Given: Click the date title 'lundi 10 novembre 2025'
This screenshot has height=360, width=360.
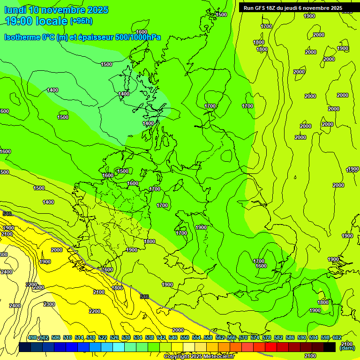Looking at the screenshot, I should [56, 10].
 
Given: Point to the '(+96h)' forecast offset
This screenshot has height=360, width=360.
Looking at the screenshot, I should [81, 21].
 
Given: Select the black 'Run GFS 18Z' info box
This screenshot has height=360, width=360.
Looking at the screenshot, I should [293, 8].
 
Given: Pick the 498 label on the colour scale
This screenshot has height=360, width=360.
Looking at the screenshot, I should [32, 338].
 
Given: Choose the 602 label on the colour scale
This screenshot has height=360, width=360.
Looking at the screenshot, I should [336, 338].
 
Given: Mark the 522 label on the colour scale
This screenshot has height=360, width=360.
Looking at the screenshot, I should [102, 338].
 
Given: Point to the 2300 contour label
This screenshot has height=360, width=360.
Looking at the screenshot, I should [49, 304].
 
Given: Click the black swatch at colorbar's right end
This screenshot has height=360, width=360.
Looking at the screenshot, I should [330, 347].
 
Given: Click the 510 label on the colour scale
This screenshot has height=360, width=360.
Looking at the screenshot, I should [67, 338].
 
